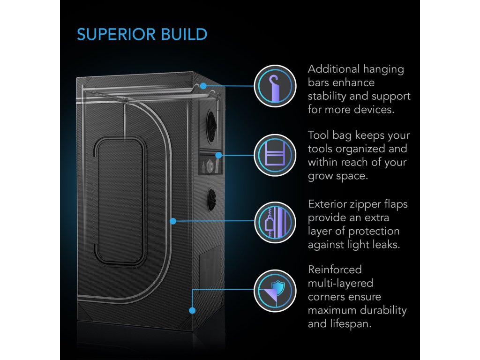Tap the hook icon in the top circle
275,86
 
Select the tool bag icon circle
275,155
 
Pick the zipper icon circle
275,222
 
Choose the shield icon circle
275,290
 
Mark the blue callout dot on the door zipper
173,220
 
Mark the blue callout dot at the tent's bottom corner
191,310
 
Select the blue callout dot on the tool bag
218,155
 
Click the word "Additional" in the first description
332,69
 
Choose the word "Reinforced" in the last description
335,270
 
